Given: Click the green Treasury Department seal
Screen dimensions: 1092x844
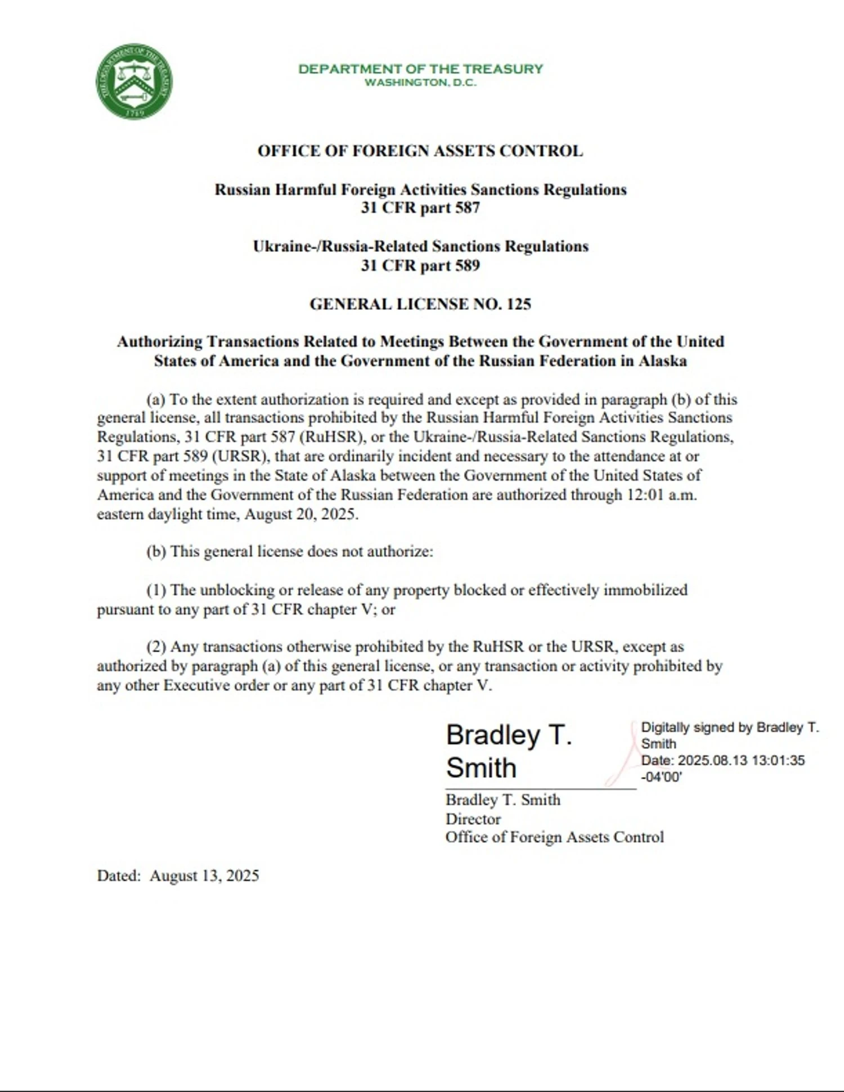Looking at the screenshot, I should pyautogui.click(x=134, y=82).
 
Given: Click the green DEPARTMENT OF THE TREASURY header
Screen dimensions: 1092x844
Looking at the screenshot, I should pyautogui.click(x=420, y=69).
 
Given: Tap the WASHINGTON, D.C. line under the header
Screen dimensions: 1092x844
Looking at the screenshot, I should pyautogui.click(x=420, y=83).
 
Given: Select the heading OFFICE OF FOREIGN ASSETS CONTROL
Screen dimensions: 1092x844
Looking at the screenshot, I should pyautogui.click(x=420, y=151).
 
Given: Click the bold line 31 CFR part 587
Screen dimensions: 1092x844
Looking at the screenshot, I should pyautogui.click(x=420, y=208).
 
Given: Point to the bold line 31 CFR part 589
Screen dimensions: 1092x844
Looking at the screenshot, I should pyautogui.click(x=420, y=265).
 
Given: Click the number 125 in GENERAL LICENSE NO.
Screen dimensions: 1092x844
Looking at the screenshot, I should pyautogui.click(x=518, y=304).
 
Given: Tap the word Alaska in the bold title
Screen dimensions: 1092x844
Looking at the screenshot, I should pyautogui.click(x=662, y=360).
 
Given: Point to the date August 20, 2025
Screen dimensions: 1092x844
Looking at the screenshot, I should pyautogui.click(x=301, y=514).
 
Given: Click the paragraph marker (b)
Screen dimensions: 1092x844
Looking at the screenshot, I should pyautogui.click(x=156, y=551).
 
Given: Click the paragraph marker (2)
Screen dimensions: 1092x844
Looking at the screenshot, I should pyautogui.click(x=156, y=647).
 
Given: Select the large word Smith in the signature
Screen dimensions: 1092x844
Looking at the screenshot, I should pyautogui.click(x=481, y=768).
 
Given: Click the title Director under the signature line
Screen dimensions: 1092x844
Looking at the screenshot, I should pyautogui.click(x=473, y=819).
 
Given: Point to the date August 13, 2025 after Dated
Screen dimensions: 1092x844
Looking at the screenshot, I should pyautogui.click(x=204, y=876).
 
